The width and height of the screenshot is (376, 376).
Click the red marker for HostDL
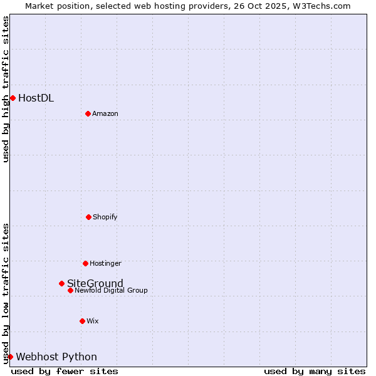13,98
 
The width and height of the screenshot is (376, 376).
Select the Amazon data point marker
88,113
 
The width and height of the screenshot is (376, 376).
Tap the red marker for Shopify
88,217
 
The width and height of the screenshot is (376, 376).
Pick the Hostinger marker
85,263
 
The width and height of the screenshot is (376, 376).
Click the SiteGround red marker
61,283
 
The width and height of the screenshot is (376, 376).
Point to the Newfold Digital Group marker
70,290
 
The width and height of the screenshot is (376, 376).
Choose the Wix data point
82,321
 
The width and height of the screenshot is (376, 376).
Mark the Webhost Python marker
10,357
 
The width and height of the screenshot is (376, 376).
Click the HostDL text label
36,98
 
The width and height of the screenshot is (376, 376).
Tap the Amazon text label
105,113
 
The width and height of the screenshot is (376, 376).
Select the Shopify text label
105,217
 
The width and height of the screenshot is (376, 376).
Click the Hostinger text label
105,263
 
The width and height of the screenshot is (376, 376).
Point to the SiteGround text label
95,283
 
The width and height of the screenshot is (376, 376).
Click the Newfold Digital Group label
112,290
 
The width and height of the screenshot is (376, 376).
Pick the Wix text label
93,321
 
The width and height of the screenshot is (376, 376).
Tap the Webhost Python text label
56,357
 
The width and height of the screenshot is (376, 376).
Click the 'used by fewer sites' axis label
65,371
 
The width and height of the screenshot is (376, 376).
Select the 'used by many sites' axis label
315,371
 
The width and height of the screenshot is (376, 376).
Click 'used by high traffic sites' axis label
6,89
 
